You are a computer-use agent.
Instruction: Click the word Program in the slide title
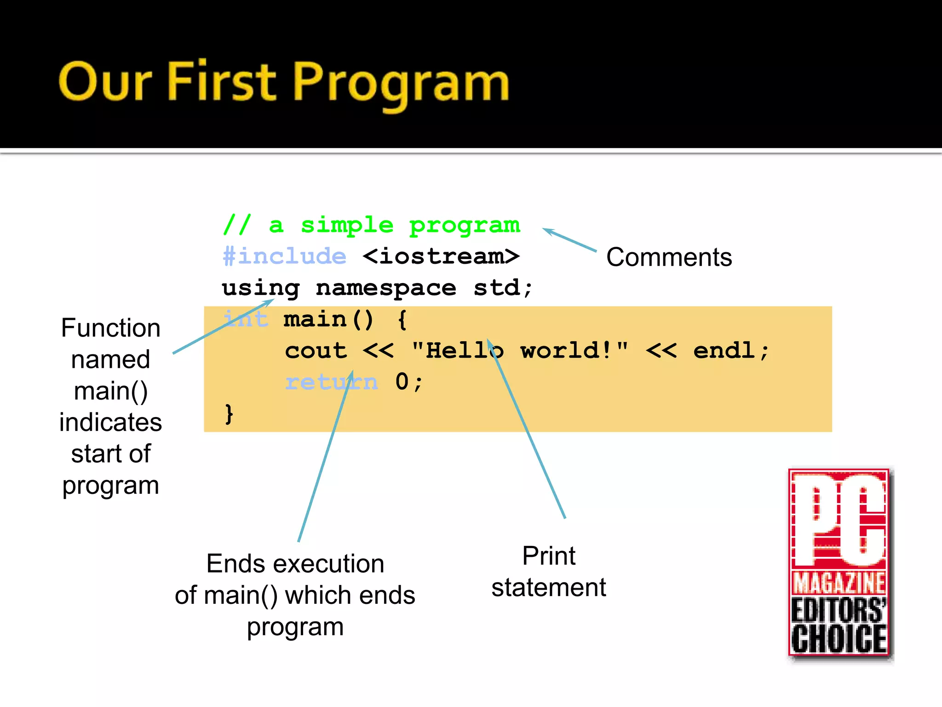click(400, 83)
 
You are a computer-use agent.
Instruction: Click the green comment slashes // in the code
click(237, 225)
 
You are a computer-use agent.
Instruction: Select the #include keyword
click(284, 256)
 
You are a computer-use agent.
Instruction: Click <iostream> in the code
click(441, 256)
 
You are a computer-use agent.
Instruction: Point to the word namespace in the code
click(386, 289)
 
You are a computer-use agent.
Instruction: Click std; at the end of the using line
click(502, 288)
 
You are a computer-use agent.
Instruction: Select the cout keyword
click(316, 351)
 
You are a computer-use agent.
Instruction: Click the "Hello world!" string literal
click(520, 351)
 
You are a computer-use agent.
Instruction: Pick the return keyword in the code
click(331, 382)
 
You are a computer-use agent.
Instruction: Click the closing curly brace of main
click(229, 413)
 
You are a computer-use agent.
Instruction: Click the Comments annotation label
click(669, 257)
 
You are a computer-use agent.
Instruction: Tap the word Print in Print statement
click(548, 556)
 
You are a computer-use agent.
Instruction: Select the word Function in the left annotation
click(110, 328)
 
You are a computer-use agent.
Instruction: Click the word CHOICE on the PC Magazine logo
click(839, 639)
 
